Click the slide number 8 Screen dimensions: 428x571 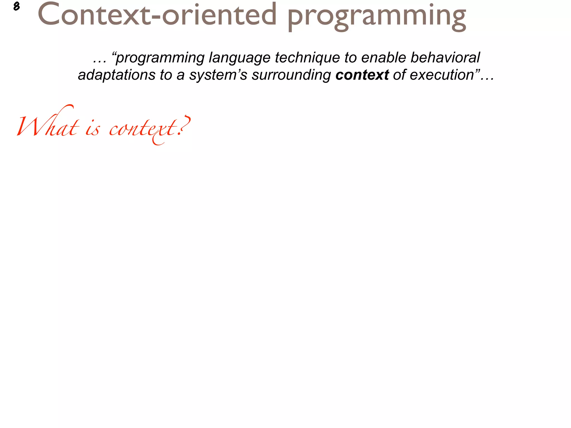[x=16, y=6]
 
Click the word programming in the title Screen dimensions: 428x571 [x=376, y=16]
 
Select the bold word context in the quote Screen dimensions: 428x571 [x=362, y=75]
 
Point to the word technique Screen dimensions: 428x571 [x=307, y=58]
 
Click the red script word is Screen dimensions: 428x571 [x=92, y=129]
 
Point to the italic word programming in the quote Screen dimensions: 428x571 [x=160, y=58]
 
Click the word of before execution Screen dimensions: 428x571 [x=399, y=75]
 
